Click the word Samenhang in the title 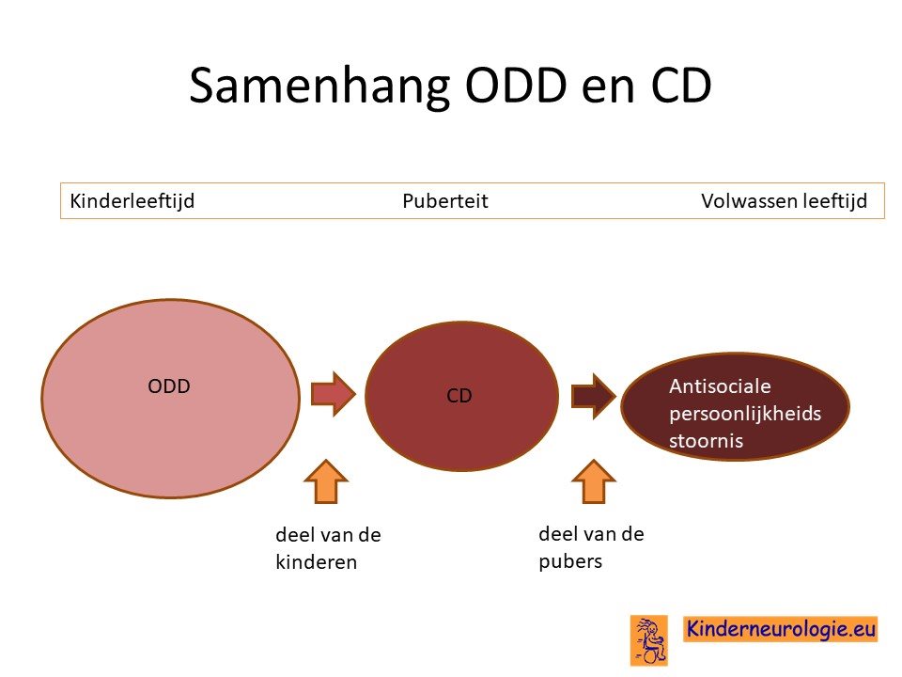[x=319, y=87]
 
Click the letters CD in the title [x=682, y=86]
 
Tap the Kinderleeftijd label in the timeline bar [x=132, y=201]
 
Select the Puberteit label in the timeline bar [x=444, y=201]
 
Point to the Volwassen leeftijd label [x=784, y=201]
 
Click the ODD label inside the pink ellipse [x=168, y=386]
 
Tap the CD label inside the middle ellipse [x=459, y=396]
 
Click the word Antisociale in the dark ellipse [x=720, y=386]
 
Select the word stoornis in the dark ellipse [x=706, y=441]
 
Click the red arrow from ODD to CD [x=333, y=394]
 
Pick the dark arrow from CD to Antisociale [x=593, y=396]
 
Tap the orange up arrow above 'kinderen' [x=326, y=481]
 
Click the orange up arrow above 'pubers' [x=594, y=481]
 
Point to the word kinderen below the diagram [x=317, y=562]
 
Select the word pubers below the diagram [x=570, y=561]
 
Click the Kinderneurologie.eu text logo [x=781, y=629]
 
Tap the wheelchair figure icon [x=649, y=640]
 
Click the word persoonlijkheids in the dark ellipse [x=745, y=414]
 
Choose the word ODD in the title [x=516, y=86]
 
